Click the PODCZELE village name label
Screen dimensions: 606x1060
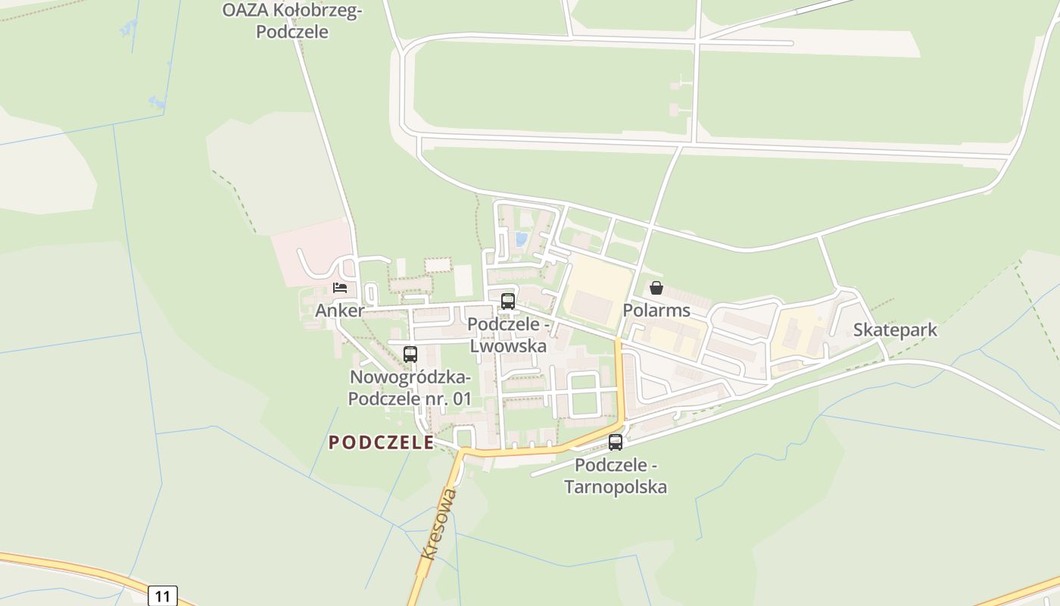click(x=381, y=442)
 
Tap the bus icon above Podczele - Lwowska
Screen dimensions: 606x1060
click(x=507, y=301)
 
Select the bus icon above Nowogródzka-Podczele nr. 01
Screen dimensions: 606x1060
click(x=410, y=354)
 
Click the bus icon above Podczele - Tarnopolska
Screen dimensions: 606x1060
click(x=616, y=442)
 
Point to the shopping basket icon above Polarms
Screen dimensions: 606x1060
click(x=656, y=288)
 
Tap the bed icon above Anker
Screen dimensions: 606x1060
click(x=340, y=288)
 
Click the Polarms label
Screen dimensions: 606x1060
click(x=656, y=310)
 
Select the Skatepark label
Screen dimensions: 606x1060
click(x=895, y=330)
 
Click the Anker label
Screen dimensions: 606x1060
click(x=339, y=310)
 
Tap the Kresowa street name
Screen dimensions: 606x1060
click(x=440, y=523)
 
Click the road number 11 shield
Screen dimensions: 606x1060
click(x=163, y=595)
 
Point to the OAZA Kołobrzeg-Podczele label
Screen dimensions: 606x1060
click(x=292, y=20)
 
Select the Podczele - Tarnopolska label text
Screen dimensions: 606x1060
click(x=616, y=475)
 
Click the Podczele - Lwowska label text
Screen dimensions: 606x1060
click(x=507, y=334)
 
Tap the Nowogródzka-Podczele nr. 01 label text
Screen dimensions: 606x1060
click(x=410, y=387)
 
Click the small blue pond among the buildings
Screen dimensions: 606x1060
click(x=521, y=239)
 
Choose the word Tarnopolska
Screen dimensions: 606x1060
click(x=616, y=486)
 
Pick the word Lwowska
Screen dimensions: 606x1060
click(x=508, y=345)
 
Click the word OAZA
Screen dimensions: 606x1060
click(x=240, y=10)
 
